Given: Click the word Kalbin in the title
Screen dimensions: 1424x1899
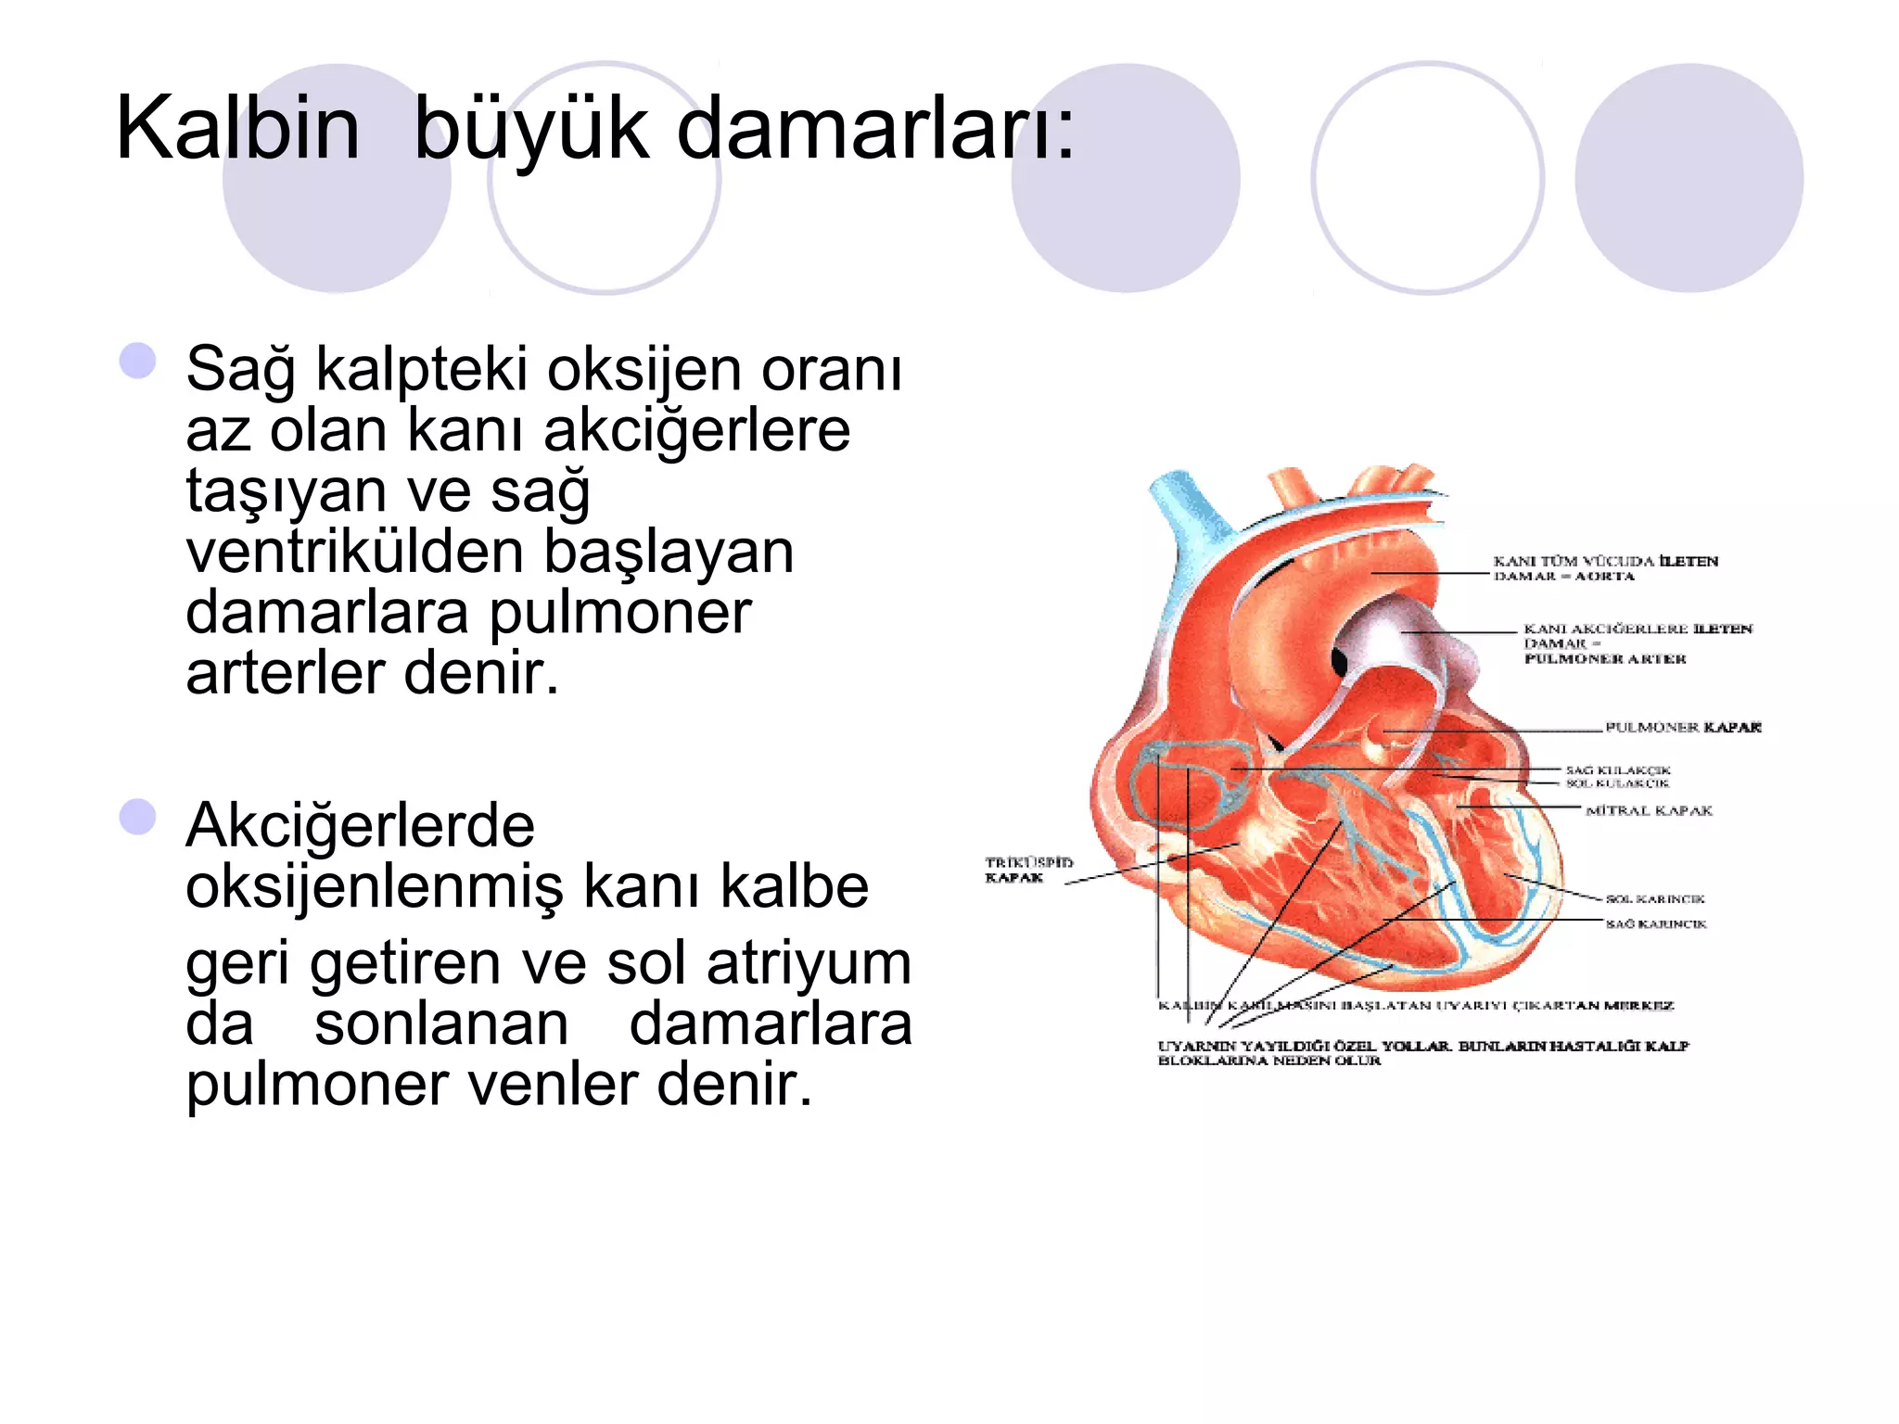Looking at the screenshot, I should pyautogui.click(x=237, y=129).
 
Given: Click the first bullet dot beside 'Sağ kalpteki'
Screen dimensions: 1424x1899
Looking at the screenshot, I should pyautogui.click(x=138, y=361).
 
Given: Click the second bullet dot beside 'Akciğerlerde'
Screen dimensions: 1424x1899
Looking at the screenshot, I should pyautogui.click(x=138, y=817).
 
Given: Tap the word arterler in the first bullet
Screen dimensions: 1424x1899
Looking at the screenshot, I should pyautogui.click(x=287, y=673).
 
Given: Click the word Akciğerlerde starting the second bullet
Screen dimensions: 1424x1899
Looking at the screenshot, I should pyautogui.click(x=360, y=826).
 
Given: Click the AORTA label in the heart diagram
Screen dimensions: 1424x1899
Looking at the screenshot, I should pyautogui.click(x=1604, y=577).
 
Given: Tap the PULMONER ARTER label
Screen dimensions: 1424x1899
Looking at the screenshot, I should pyautogui.click(x=1605, y=659).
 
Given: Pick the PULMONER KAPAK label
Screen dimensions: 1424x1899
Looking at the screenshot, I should pyautogui.click(x=1682, y=728).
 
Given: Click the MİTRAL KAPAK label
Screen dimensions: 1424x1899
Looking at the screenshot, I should pyautogui.click(x=1649, y=811).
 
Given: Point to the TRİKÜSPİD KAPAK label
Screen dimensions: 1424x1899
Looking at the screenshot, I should pyautogui.click(x=1027, y=870).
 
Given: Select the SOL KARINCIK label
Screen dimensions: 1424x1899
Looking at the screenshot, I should pyautogui.click(x=1655, y=899).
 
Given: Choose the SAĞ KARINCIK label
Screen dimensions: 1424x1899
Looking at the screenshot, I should pyautogui.click(x=1656, y=924).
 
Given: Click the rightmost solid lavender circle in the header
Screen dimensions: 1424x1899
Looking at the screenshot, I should pyautogui.click(x=1689, y=178).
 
